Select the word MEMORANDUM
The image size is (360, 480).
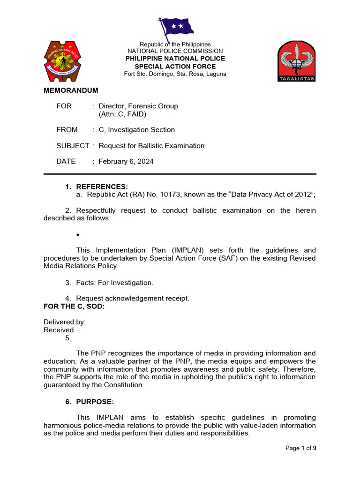tap(71, 90)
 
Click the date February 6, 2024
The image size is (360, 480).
tap(126, 161)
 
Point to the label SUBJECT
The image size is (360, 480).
tap(73, 146)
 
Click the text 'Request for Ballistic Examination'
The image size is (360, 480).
tap(151, 146)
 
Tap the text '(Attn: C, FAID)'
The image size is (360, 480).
tap(122, 114)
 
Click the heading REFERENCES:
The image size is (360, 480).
tap(102, 187)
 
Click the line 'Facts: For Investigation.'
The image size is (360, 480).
tap(114, 283)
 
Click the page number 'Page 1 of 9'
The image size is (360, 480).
tap(300, 448)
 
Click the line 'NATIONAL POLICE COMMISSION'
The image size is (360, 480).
tap(175, 51)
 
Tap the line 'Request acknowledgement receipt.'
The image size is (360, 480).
tap(133, 298)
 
